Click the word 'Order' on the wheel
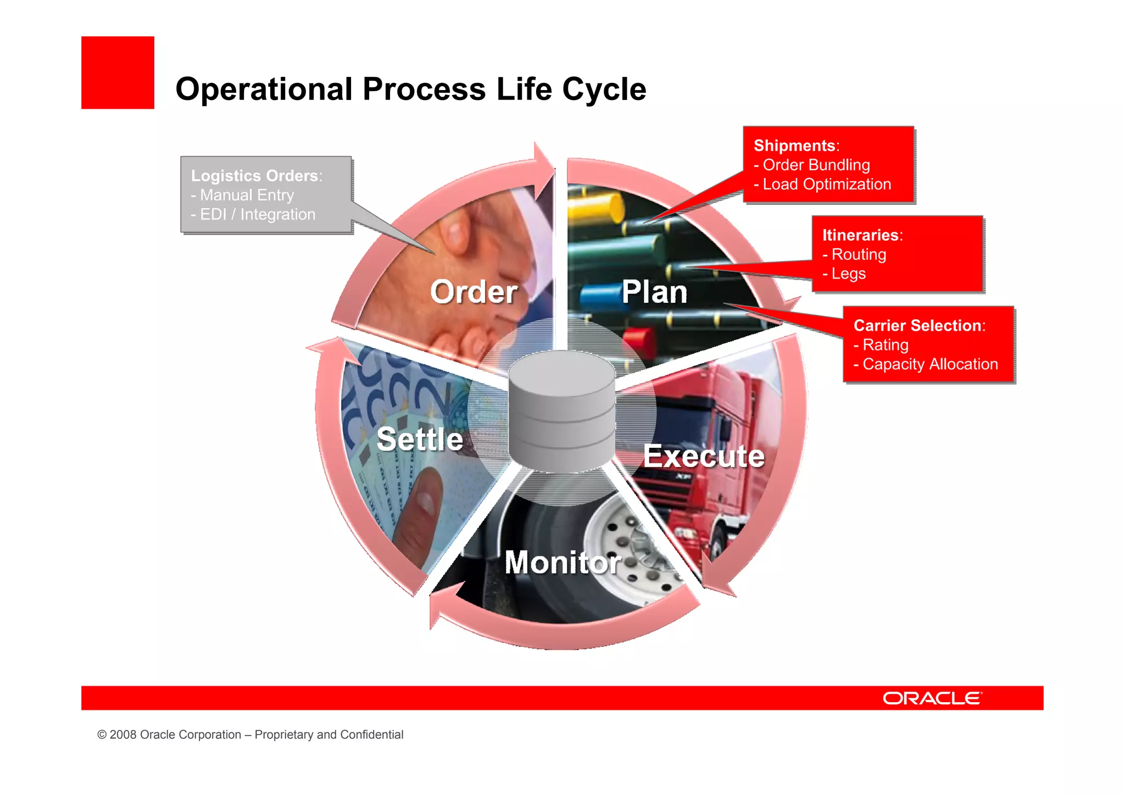click(x=474, y=292)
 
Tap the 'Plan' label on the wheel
click(x=654, y=292)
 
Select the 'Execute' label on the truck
click(x=704, y=456)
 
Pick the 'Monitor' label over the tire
click(x=562, y=562)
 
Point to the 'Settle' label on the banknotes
click(x=420, y=440)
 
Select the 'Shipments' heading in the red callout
click(x=794, y=146)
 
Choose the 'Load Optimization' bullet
click(x=826, y=184)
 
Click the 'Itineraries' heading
click(x=860, y=235)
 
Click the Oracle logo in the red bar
click(x=932, y=698)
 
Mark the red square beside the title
click(x=118, y=73)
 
